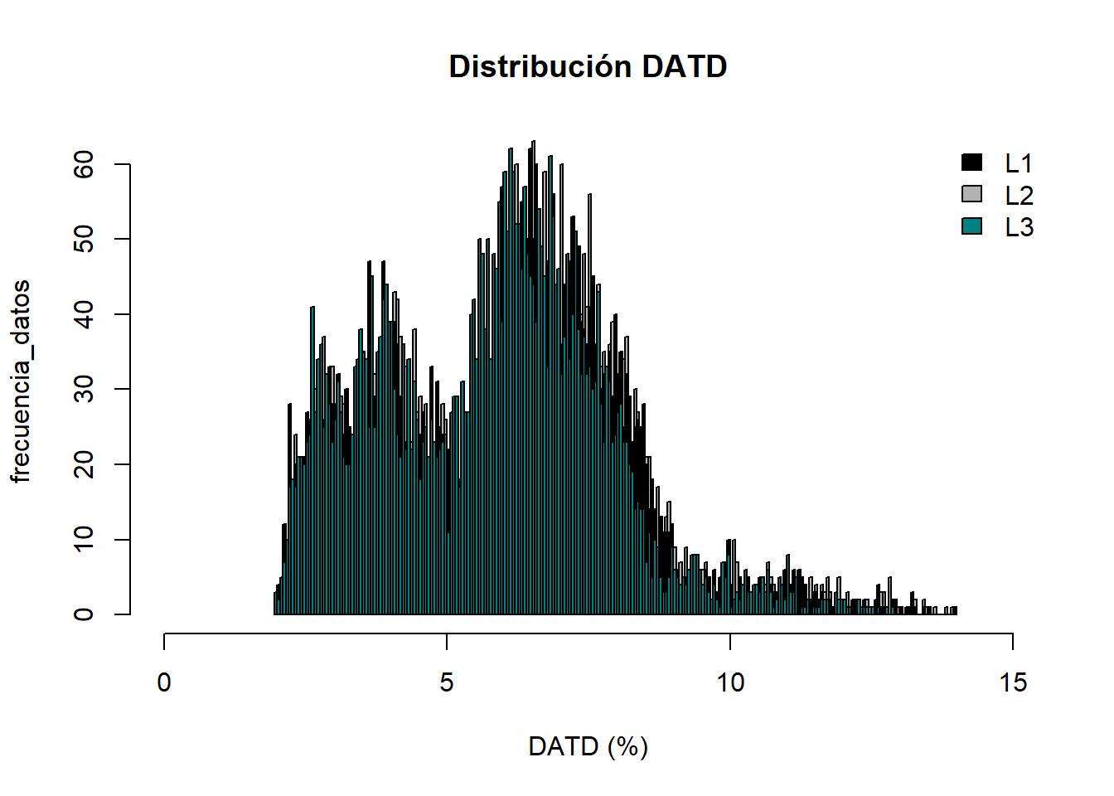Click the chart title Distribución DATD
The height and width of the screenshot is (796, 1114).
click(x=588, y=66)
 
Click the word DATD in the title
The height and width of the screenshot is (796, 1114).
click(x=684, y=66)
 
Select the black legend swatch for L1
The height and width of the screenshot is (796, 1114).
click(x=971, y=163)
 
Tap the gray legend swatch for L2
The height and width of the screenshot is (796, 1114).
click(x=971, y=194)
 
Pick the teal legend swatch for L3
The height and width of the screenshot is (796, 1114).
click(x=971, y=226)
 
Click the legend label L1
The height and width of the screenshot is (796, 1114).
click(x=1019, y=163)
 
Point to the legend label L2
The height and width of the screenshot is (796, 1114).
click(x=1019, y=196)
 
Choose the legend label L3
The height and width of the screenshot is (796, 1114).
click(x=1019, y=227)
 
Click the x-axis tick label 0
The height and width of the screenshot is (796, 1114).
click(x=164, y=682)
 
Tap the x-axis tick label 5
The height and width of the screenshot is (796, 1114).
click(x=447, y=682)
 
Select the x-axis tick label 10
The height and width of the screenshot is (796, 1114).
click(x=730, y=682)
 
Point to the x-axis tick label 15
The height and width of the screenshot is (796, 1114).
click(x=1013, y=682)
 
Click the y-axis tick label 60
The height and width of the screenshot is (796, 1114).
click(x=84, y=165)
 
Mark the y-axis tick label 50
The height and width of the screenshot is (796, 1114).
click(x=84, y=240)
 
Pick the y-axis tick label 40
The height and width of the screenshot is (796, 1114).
click(x=84, y=314)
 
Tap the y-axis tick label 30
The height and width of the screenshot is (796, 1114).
click(x=84, y=390)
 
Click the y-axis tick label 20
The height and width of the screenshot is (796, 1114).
click(x=84, y=464)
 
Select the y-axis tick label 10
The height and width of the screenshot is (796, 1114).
click(x=84, y=540)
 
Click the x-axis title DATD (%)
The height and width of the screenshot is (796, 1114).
click(x=588, y=746)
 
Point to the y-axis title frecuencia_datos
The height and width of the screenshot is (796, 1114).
click(x=21, y=381)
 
